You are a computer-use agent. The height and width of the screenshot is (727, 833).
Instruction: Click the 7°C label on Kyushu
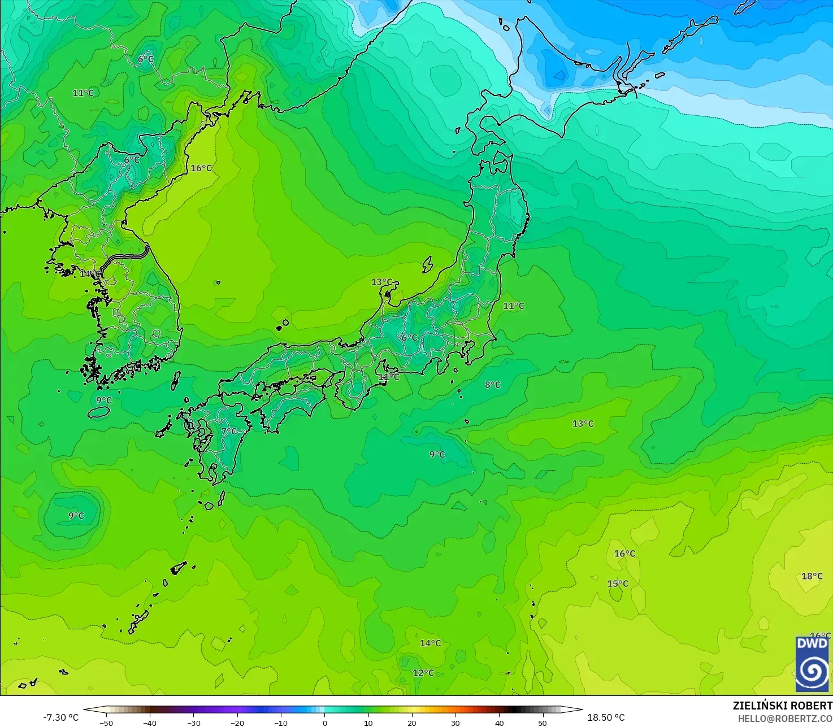point(229,431)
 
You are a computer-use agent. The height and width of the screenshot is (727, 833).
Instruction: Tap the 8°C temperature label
point(492,385)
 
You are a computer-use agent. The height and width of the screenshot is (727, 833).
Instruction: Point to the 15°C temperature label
point(618,584)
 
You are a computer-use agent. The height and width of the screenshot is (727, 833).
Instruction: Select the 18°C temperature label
point(812,576)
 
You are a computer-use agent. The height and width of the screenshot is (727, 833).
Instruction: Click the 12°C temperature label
point(423,673)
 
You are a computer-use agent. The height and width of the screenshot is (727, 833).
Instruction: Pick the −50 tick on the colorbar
point(106,722)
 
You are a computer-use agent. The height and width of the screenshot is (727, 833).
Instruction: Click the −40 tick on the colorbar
point(150,722)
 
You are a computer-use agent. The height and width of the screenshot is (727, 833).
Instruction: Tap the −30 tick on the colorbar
point(193,722)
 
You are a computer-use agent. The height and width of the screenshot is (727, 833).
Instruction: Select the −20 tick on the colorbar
point(237,722)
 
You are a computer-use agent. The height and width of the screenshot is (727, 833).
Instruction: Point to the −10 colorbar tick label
point(281,722)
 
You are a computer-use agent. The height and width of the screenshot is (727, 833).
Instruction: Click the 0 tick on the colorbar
point(325,722)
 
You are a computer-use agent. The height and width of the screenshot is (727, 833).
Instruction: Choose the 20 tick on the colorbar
point(412,722)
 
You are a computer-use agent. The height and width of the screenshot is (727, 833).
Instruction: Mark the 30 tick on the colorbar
point(455,722)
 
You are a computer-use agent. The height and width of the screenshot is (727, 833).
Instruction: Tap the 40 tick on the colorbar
point(500,722)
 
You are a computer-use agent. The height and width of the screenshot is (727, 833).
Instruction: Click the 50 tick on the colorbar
point(543,722)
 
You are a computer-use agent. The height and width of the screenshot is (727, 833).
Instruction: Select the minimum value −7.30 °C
point(61,717)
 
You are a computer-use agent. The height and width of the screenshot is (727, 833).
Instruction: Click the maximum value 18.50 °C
point(606,717)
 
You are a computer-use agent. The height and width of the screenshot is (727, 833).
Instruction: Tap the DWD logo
point(812,664)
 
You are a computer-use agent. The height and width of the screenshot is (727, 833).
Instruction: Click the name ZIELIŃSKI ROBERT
point(783,706)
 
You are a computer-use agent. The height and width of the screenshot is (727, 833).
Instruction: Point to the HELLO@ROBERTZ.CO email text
point(785,718)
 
